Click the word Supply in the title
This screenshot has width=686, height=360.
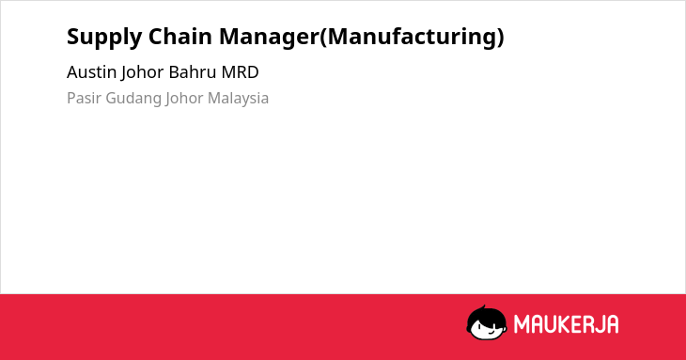point(104,38)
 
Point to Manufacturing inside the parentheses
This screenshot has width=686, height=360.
point(412,38)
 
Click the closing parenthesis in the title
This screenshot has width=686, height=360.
point(500,38)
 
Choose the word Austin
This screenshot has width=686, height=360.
point(91,72)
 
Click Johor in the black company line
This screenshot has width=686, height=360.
point(142,73)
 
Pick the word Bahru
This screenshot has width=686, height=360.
point(193,72)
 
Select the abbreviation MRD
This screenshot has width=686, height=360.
point(241,72)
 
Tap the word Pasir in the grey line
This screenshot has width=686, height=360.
point(84,98)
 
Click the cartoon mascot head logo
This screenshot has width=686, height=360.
point(487,322)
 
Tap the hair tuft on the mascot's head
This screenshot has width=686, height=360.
point(483,308)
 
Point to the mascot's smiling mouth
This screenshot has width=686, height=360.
point(490,332)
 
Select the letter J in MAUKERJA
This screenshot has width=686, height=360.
point(597,324)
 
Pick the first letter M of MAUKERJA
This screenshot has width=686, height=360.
point(521,324)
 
